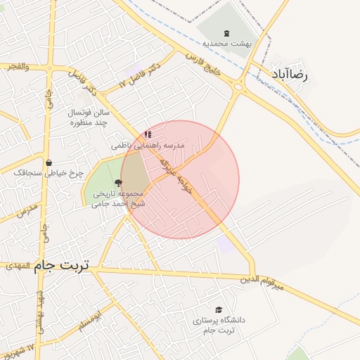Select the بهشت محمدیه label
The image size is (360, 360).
coord(227,44)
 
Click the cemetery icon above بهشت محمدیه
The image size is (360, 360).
coord(226,33)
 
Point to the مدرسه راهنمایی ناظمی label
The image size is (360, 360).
coord(148,145)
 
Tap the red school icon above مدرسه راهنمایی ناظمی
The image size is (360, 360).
coord(147,134)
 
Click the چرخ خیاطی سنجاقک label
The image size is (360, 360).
coord(49,172)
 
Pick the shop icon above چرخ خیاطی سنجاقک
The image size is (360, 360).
coord(48,162)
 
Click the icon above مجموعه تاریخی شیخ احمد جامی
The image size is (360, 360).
coord(117,183)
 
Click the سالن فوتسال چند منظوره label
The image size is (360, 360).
coord(89,117)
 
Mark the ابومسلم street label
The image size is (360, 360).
coord(93,318)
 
